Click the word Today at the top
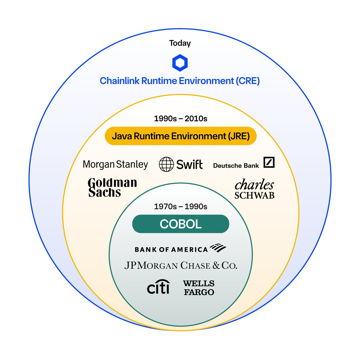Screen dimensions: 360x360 (x=180, y=43)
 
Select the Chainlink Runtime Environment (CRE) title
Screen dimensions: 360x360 (x=180, y=81)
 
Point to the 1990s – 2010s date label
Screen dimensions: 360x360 (x=181, y=118)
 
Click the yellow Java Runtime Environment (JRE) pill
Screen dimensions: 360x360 (x=181, y=136)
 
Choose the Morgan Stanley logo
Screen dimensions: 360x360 (x=115, y=164)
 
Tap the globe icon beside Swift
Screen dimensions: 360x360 (x=166, y=164)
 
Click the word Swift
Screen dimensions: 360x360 (x=189, y=164)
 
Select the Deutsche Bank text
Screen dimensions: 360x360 (x=236, y=166)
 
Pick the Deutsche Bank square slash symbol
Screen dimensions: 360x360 (x=269, y=162)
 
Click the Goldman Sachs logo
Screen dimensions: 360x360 (x=112, y=187)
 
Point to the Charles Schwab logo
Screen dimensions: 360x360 (x=254, y=188)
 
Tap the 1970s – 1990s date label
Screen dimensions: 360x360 (x=181, y=206)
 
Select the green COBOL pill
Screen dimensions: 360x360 (x=181, y=224)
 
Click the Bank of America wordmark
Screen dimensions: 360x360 (x=171, y=250)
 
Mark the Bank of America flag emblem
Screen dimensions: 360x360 (x=218, y=248)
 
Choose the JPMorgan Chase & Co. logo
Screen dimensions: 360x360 (x=181, y=265)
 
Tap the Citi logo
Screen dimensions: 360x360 (x=158, y=287)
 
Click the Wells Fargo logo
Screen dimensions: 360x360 (x=199, y=288)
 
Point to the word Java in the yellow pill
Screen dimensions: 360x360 (x=121, y=136)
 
